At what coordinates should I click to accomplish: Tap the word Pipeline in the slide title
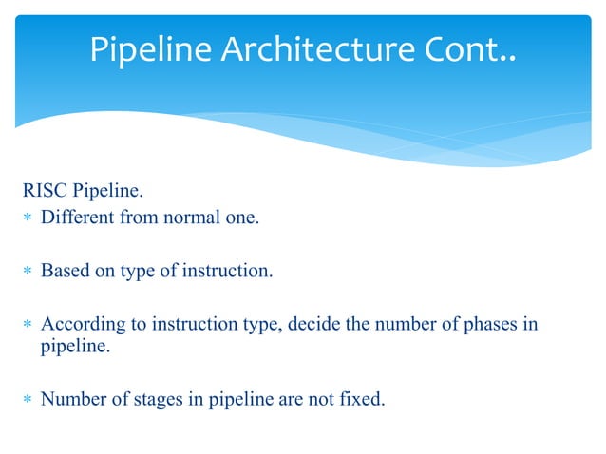[152, 49]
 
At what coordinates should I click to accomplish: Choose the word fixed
[362, 399]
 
